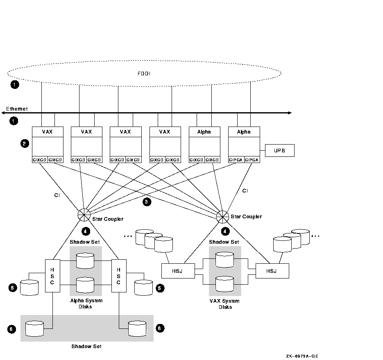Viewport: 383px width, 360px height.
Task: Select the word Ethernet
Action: [x=17, y=109]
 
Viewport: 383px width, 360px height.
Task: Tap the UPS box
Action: [x=280, y=151]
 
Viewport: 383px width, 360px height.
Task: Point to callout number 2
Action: [x=25, y=143]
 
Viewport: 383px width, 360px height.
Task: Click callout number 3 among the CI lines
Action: [x=146, y=202]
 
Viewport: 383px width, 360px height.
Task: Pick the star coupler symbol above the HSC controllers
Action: [x=84, y=215]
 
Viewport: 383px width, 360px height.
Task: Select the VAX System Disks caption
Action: [x=225, y=304]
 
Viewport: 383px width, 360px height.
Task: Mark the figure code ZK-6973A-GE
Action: [x=302, y=356]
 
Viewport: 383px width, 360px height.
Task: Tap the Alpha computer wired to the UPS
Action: [x=244, y=144]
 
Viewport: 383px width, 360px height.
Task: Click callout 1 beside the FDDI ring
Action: [x=14, y=85]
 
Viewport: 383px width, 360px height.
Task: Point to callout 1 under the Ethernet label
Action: [x=14, y=121]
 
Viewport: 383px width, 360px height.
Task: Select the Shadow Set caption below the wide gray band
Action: [x=86, y=346]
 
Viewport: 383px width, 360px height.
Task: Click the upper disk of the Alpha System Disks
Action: [x=85, y=260]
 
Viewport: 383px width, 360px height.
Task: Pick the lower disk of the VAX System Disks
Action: [x=224, y=283]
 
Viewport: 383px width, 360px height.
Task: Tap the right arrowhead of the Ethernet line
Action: [x=290, y=113]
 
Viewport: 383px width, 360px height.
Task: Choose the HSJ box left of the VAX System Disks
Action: [x=178, y=271]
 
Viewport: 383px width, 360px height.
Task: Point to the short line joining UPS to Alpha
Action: [x=262, y=151]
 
